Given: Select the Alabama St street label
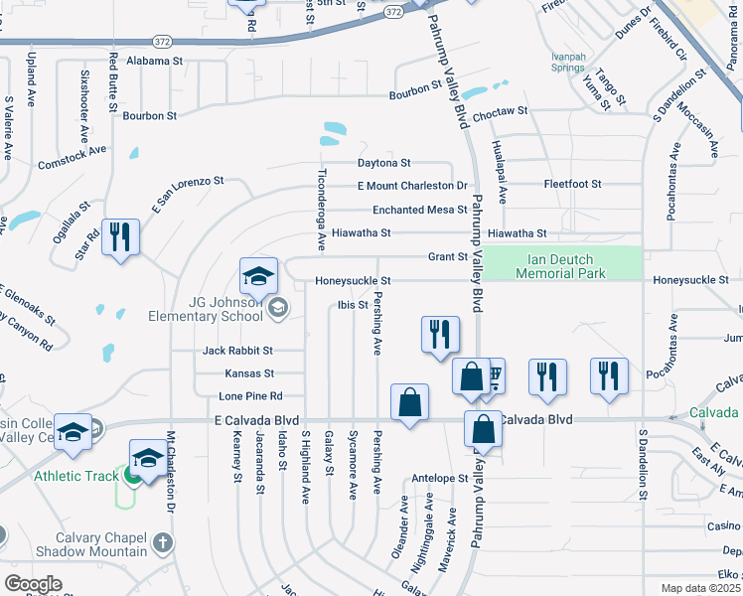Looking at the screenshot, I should pos(156,61).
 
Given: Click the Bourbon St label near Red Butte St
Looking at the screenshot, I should pos(149,115).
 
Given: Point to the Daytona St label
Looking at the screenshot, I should pos(384,163).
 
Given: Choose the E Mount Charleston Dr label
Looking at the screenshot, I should pos(412,186).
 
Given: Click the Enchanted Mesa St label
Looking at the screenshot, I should pos(419,210).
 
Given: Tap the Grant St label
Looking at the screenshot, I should pos(447,256).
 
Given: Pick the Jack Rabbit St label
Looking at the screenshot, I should pos(237,351).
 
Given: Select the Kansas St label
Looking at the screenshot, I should pos(249,373).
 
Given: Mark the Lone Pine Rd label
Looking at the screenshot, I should pos(250,395).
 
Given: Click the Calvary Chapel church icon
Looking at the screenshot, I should pos(163,542).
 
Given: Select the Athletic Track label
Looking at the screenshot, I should pos(74,476).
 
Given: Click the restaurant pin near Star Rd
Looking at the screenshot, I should pos(120,237).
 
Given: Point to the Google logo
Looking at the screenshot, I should pos(33,584).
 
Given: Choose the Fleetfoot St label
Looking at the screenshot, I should pos(573,184).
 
